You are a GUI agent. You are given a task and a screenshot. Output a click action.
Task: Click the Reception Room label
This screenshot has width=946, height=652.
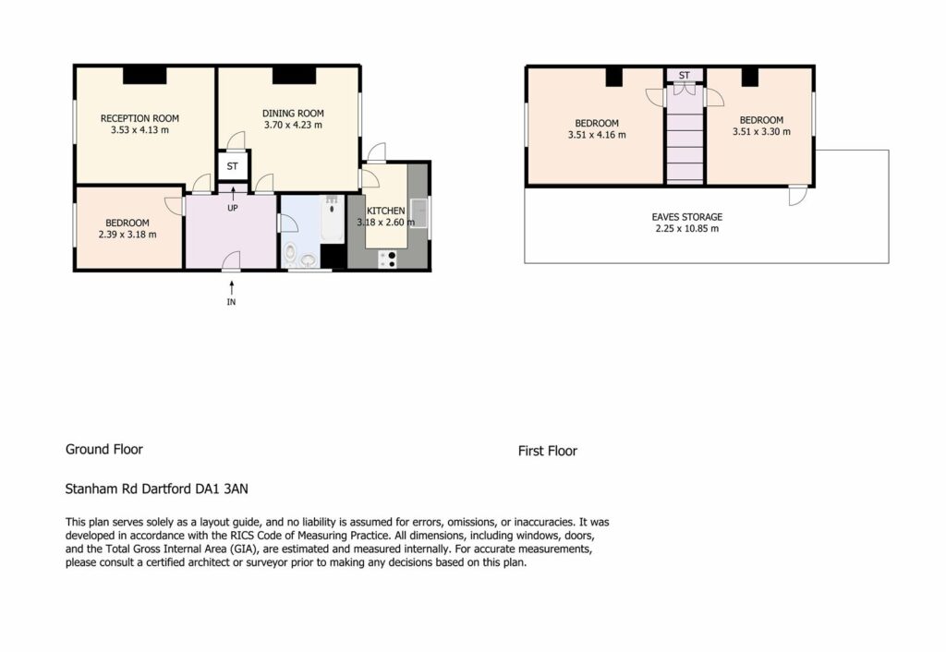tap(139, 119)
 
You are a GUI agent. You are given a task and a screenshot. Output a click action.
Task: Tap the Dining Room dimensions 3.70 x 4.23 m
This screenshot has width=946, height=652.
tap(293, 125)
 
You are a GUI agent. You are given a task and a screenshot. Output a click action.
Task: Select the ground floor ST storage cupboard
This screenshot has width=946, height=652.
tap(232, 166)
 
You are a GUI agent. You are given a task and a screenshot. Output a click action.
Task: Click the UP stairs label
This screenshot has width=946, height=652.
tap(232, 208)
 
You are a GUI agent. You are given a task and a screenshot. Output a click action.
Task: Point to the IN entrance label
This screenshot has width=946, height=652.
tap(231, 302)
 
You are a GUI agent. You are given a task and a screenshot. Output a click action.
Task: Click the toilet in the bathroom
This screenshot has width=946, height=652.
tap(289, 253)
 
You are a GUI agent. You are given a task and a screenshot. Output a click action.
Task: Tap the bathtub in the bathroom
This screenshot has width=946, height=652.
tap(332, 218)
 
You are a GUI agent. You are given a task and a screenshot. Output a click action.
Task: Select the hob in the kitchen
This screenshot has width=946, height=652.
tap(388, 260)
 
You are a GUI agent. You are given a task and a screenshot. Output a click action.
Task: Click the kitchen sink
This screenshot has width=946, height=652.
tap(418, 213)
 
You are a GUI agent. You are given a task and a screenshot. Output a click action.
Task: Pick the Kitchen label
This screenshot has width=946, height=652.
tap(386, 211)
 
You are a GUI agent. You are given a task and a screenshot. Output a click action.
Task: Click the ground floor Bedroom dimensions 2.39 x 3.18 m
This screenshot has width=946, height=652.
tap(127, 235)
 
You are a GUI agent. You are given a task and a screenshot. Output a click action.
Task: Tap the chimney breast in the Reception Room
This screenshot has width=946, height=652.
tap(145, 75)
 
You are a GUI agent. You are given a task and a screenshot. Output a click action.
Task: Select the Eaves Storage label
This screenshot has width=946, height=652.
tap(686, 217)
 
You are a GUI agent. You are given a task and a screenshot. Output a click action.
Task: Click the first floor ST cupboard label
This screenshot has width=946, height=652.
tap(685, 76)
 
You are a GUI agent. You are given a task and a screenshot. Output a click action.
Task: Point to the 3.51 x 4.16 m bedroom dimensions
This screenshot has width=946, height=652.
tap(597, 135)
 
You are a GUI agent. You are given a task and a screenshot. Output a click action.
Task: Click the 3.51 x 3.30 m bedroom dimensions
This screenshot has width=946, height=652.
tap(761, 131)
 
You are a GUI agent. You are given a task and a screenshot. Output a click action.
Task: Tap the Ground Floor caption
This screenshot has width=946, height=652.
tap(104, 450)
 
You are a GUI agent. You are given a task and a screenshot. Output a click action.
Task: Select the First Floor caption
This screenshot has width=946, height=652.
tap(548, 452)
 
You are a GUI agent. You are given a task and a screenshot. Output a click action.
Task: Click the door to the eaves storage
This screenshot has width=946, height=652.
tap(797, 196)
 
